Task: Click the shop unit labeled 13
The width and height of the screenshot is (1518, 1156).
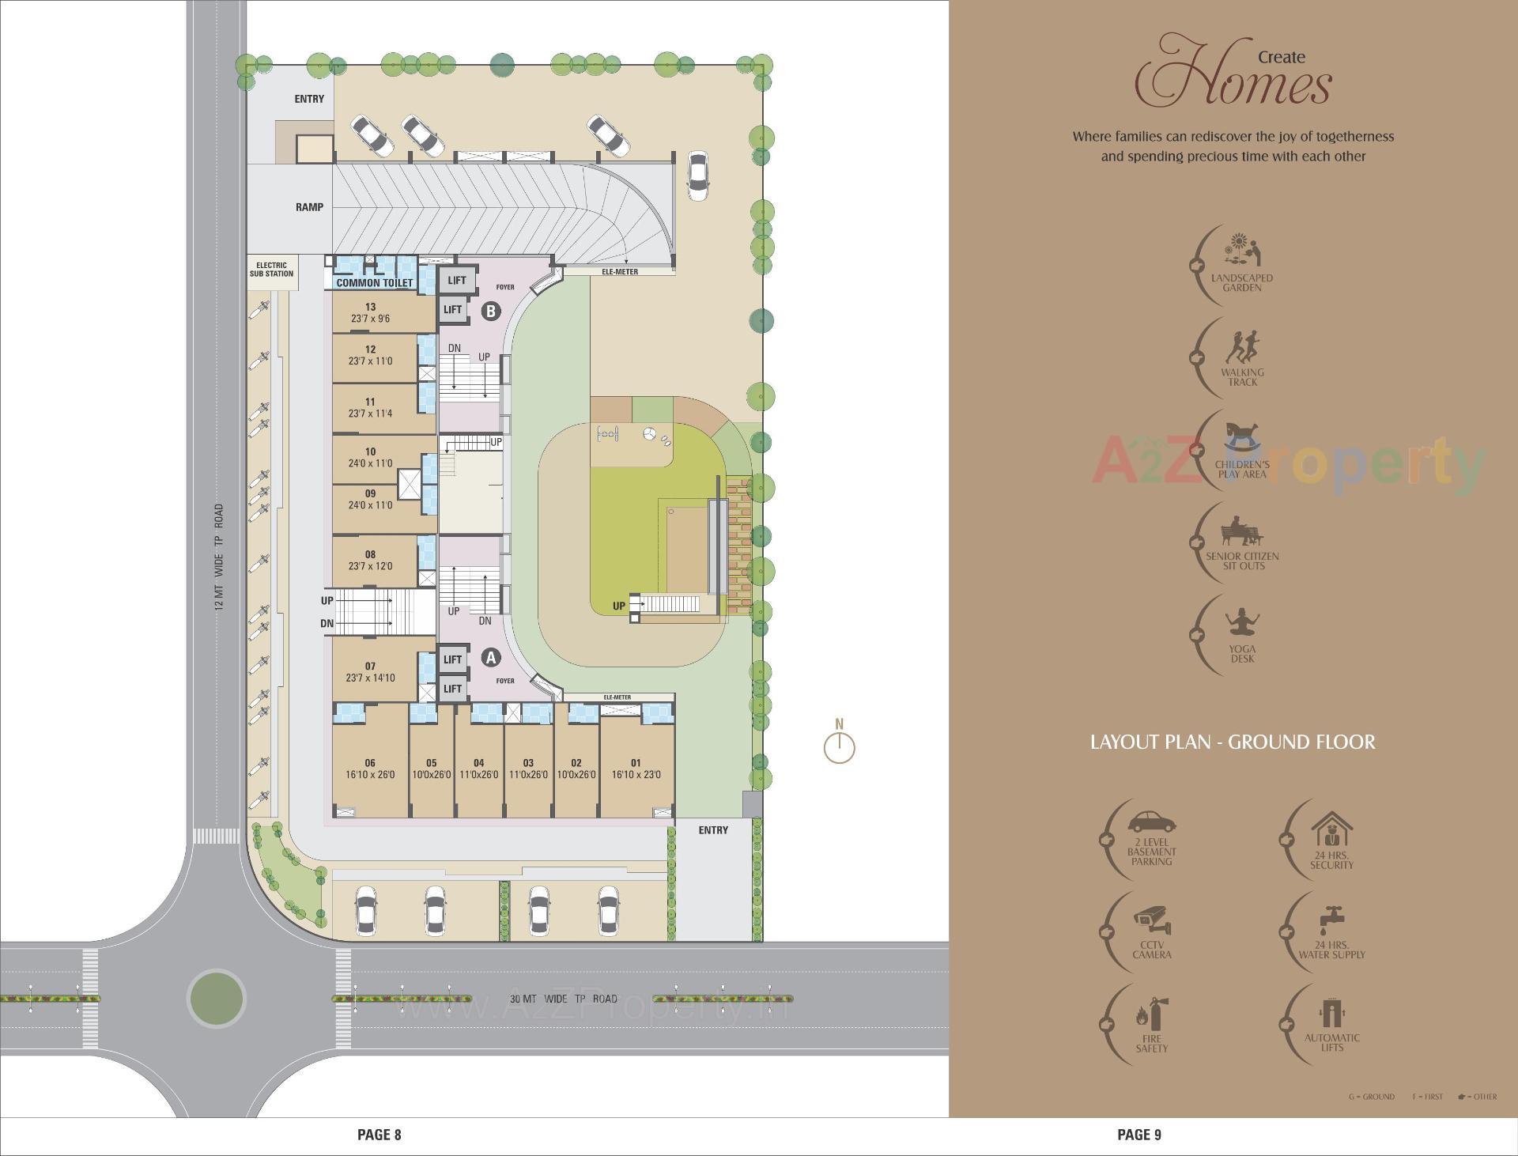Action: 371,312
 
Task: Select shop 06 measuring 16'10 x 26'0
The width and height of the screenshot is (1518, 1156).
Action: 370,769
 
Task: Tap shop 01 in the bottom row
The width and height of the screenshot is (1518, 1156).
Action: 636,769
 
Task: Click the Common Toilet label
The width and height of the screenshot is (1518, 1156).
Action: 375,282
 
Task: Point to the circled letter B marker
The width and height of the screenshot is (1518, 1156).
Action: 491,311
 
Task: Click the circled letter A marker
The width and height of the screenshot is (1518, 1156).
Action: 491,657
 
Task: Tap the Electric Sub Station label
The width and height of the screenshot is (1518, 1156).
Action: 271,270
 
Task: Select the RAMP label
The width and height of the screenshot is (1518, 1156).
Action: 309,207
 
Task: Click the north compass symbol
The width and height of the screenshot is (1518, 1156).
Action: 839,746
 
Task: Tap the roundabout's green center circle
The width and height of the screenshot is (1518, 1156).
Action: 217,998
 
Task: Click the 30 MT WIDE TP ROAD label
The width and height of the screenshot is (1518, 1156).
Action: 563,999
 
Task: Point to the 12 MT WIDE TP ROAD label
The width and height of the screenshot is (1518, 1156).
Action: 219,557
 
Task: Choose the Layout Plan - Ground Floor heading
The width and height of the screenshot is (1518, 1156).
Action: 1233,742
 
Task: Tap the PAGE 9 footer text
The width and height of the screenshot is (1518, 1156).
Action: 1138,1135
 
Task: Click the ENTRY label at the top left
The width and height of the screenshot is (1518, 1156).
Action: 309,99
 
